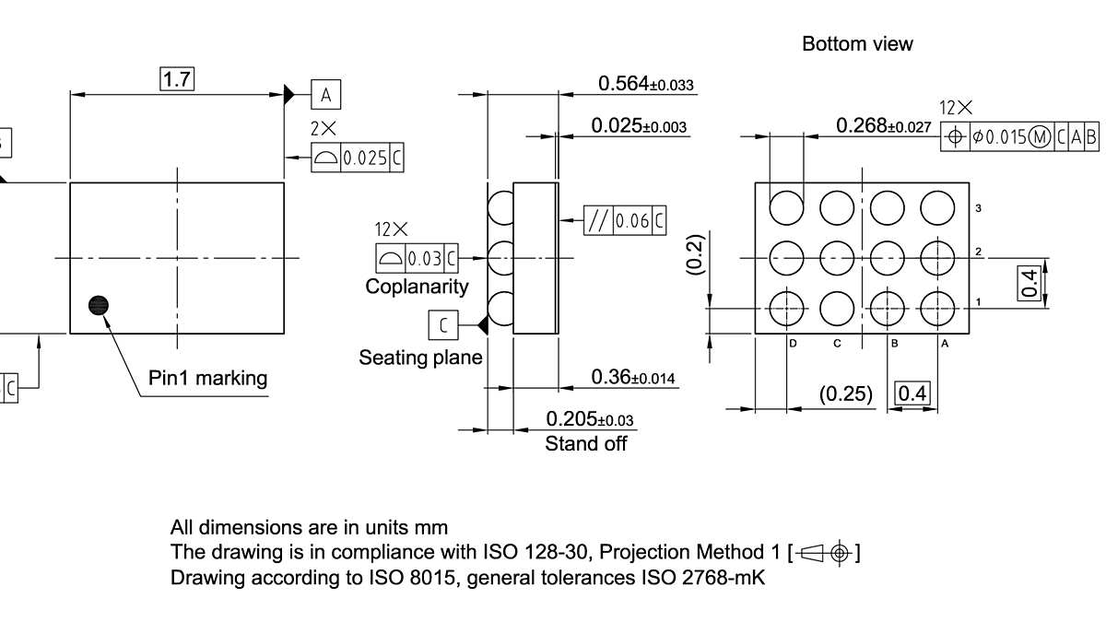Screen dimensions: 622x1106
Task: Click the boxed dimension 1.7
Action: click(x=177, y=79)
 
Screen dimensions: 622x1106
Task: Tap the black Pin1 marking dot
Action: click(x=98, y=306)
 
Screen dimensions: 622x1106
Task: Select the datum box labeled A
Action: click(x=326, y=94)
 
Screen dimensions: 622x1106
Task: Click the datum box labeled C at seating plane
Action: click(x=443, y=325)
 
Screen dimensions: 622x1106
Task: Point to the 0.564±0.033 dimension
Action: click(x=645, y=84)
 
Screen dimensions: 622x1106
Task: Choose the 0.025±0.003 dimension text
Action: click(x=639, y=126)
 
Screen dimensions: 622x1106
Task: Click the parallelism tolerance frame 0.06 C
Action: click(x=625, y=220)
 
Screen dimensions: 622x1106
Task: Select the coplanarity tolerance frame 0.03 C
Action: click(x=418, y=257)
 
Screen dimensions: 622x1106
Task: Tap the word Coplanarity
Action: click(x=417, y=287)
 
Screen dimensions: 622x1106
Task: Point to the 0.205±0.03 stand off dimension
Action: click(x=589, y=419)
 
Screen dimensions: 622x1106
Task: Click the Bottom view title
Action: click(x=857, y=43)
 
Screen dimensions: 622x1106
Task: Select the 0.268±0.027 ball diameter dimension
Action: click(x=883, y=125)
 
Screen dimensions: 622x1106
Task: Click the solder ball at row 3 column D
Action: click(x=787, y=206)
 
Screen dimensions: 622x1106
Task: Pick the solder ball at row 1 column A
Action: click(x=936, y=308)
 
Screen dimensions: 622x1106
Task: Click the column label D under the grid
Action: click(x=792, y=344)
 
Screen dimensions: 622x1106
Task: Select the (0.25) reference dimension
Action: click(x=845, y=394)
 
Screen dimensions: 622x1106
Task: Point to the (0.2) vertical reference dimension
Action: click(x=695, y=254)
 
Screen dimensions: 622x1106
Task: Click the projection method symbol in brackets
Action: click(x=824, y=553)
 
